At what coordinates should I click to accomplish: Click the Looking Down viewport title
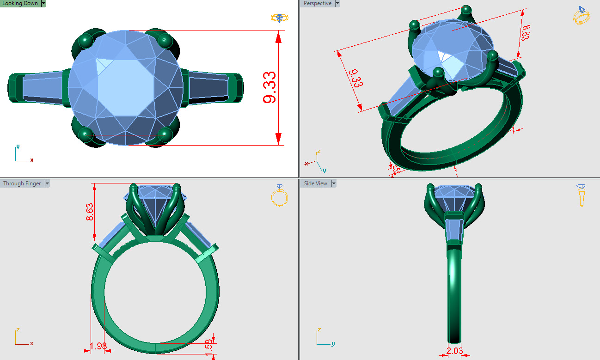(20, 3)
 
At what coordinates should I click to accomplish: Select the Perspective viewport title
(317, 3)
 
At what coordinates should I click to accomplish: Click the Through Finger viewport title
(22, 183)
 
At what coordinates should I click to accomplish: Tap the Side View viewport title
(315, 183)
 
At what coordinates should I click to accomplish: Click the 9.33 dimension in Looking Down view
(269, 87)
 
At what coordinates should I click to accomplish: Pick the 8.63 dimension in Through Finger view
(90, 212)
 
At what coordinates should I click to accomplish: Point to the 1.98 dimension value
(98, 346)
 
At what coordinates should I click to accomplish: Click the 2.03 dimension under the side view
(455, 351)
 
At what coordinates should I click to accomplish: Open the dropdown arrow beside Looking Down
(43, 3)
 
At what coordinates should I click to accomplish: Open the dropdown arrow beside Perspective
(337, 3)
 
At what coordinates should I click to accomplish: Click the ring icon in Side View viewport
(581, 195)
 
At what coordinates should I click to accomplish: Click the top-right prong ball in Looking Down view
(165, 41)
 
